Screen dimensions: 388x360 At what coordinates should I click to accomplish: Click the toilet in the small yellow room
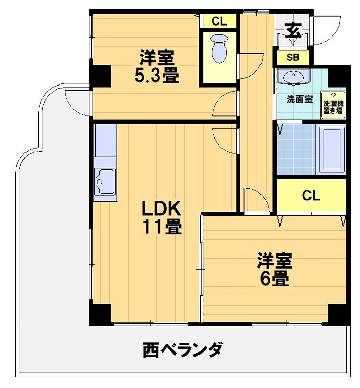tap(219, 47)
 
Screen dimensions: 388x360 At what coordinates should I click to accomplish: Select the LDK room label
tap(162, 210)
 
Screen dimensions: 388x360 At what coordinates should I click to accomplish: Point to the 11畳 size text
tap(162, 227)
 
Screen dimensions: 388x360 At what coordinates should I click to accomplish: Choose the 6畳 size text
tap(274, 278)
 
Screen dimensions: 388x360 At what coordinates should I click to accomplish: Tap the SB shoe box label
tap(293, 57)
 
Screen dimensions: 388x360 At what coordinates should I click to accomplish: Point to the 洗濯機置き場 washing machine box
tap(333, 107)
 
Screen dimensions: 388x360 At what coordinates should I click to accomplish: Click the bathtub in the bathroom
tap(331, 149)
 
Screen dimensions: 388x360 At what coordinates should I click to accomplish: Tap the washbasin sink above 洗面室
tap(293, 77)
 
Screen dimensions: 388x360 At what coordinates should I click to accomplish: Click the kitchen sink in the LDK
tap(105, 183)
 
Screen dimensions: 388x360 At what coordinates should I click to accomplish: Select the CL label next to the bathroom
tap(311, 196)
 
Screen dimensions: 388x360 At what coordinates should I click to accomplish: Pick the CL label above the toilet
tap(219, 21)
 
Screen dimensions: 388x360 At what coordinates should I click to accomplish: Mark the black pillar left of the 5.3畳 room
tap(100, 76)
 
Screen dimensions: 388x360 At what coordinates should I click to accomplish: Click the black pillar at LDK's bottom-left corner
tap(100, 314)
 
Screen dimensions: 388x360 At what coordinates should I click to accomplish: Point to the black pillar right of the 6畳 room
tap(339, 314)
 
